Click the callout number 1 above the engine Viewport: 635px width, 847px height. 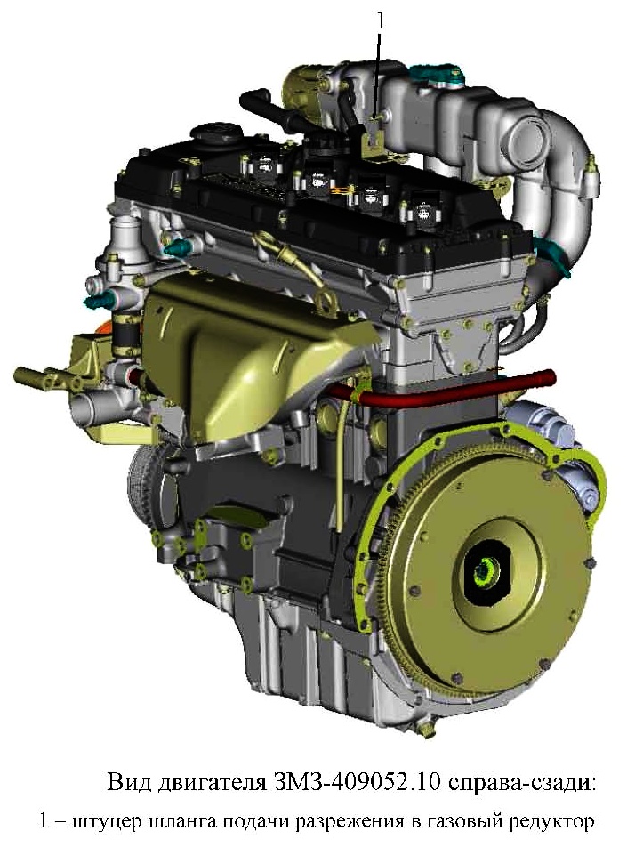pos(381,21)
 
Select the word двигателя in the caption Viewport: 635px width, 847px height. pos(208,783)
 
